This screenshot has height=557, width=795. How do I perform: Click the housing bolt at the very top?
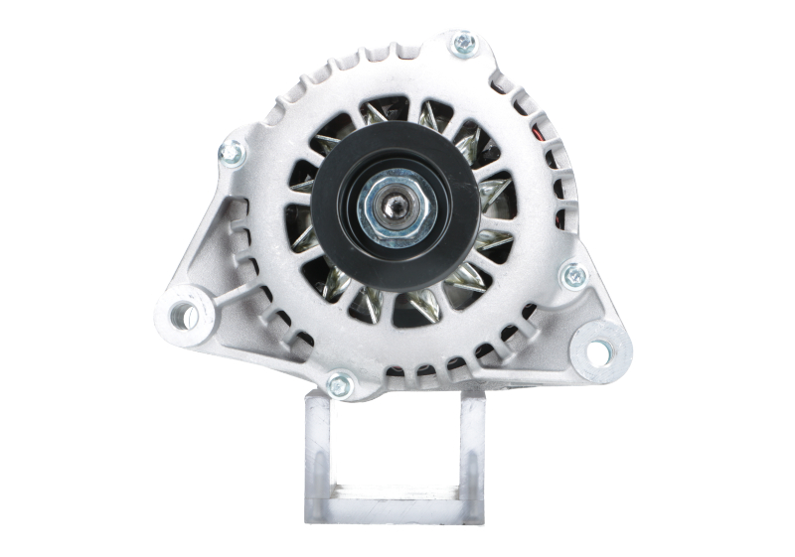click(x=463, y=44)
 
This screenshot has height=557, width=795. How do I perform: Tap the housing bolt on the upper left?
click(x=232, y=153)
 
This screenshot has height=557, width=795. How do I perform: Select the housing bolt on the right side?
click(x=573, y=276)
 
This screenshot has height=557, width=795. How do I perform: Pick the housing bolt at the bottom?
click(x=340, y=384)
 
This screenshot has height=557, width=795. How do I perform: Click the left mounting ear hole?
click(x=184, y=316)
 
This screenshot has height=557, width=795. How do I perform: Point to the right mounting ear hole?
click(x=599, y=350)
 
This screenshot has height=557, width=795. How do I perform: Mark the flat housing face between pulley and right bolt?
click(x=532, y=258)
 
